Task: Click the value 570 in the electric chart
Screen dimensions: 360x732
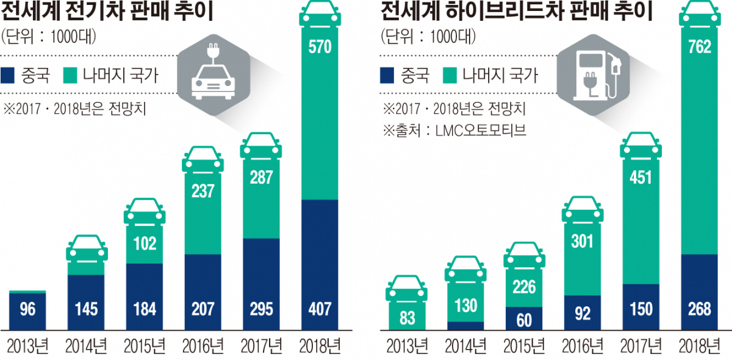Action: (x=320, y=46)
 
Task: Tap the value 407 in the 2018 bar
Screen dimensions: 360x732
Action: (x=320, y=309)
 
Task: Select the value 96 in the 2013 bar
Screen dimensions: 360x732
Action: (x=27, y=309)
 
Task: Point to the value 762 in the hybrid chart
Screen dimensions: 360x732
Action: (x=699, y=46)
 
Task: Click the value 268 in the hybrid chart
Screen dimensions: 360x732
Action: (x=699, y=309)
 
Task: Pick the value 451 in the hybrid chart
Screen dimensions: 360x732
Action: (x=640, y=178)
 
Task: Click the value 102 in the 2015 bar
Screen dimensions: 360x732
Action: (x=144, y=243)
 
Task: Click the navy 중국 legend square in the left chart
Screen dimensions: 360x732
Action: (x=11, y=75)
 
